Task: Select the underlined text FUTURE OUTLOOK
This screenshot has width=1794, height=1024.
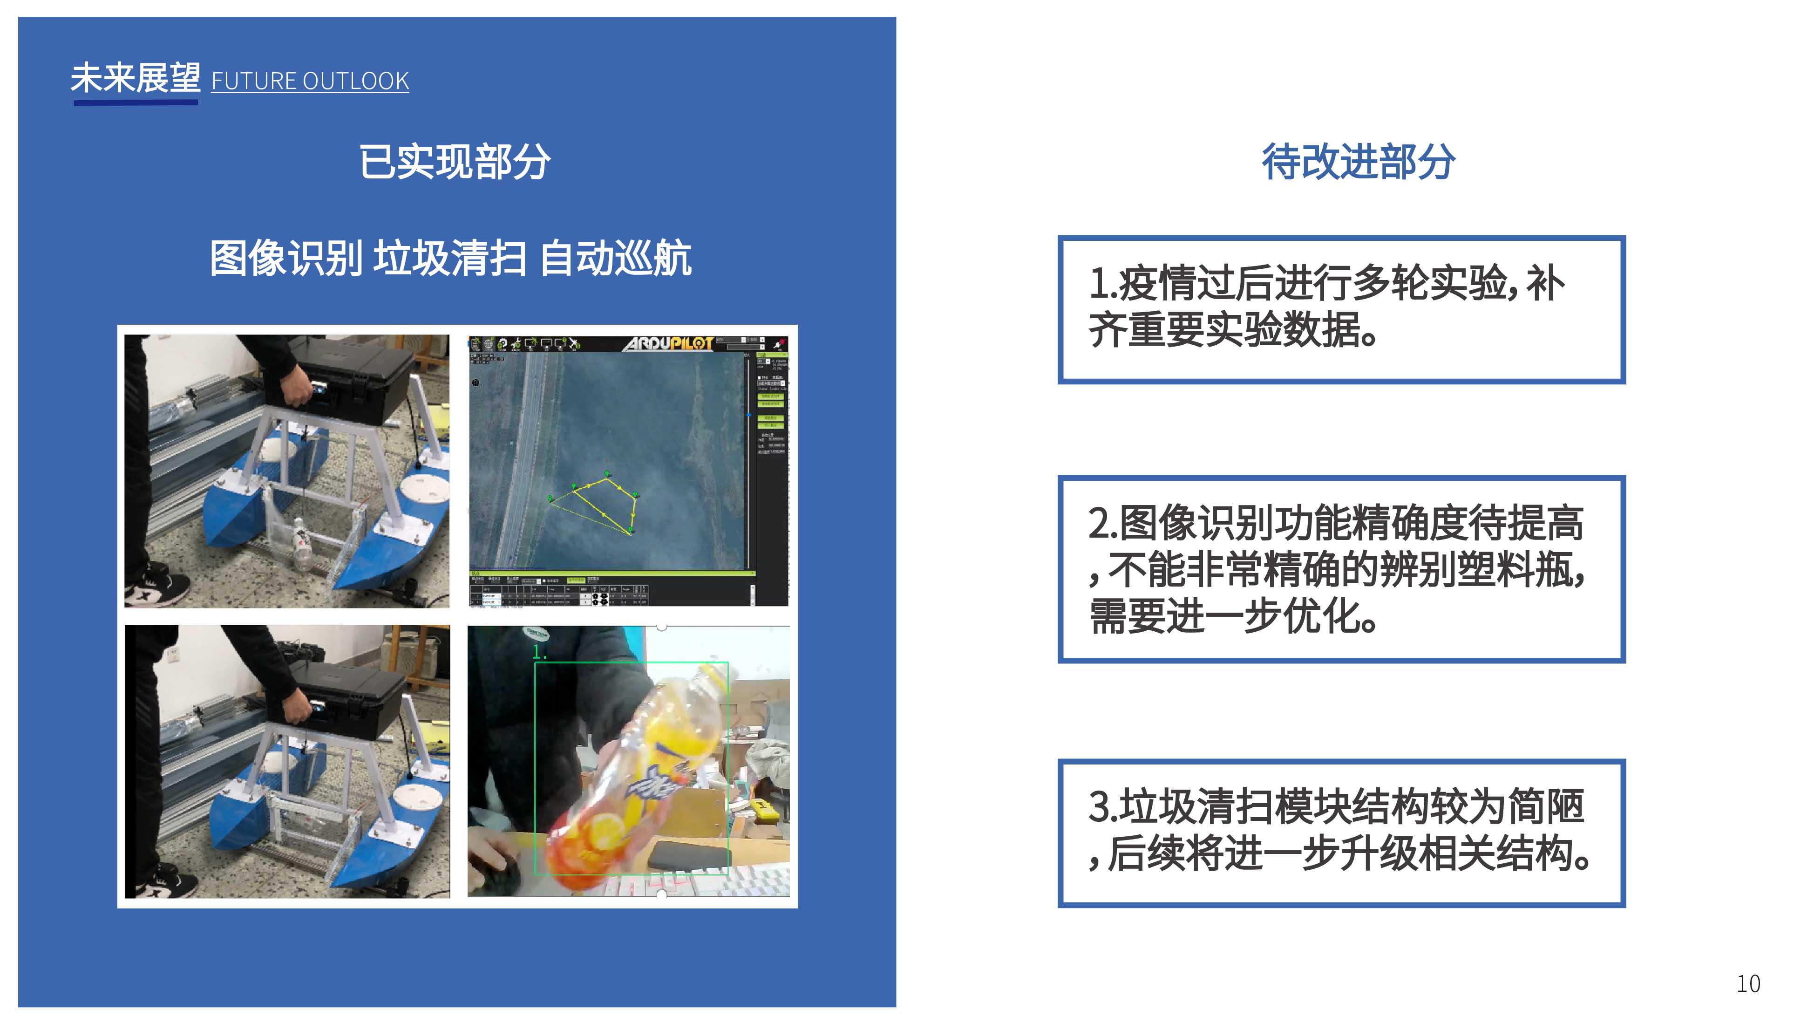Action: tap(310, 81)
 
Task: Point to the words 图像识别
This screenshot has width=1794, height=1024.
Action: tap(285, 258)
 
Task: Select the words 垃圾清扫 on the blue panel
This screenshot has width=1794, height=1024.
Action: tap(449, 258)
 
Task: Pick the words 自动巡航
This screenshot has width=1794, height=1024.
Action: tap(616, 258)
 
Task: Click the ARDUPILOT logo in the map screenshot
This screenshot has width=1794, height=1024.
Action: tap(668, 343)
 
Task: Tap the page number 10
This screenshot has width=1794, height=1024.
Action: tap(1748, 983)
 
